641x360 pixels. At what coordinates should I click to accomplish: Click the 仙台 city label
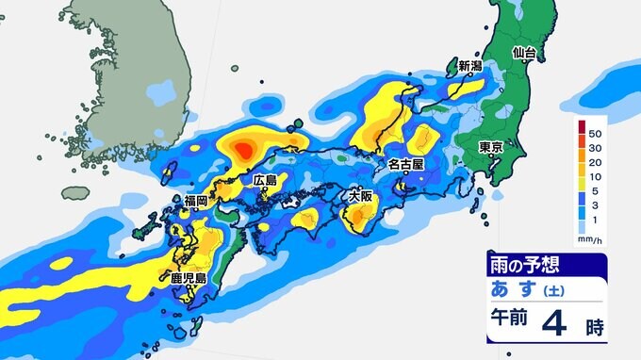[524, 53]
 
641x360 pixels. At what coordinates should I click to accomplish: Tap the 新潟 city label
[470, 67]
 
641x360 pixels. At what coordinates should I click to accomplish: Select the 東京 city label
[489, 147]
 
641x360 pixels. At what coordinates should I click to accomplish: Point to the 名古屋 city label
[406, 163]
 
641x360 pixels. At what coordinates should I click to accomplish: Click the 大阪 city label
[360, 197]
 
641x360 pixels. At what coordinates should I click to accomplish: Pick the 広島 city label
[265, 179]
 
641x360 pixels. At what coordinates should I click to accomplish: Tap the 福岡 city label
[195, 200]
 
